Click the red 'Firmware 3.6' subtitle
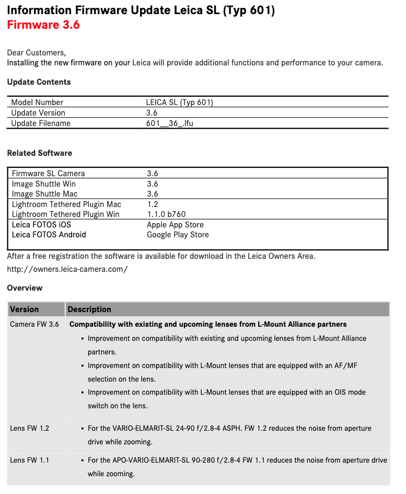[43, 25]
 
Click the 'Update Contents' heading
[39, 82]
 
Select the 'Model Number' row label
[37, 102]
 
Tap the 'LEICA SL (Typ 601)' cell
[179, 102]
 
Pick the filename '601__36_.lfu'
[170, 123]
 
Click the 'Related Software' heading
[40, 153]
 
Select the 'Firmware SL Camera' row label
[48, 174]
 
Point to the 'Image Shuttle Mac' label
[44, 194]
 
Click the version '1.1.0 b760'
[166, 214]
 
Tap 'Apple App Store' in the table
[175, 225]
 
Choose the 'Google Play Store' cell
[178, 235]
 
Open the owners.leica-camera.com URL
[67, 269]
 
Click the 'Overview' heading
[25, 288]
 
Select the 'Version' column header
[24, 309]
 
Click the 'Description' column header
[89, 309]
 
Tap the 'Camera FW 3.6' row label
[34, 325]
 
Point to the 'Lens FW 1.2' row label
[29, 428]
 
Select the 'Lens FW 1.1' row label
[29, 460]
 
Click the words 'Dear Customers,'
[37, 52]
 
